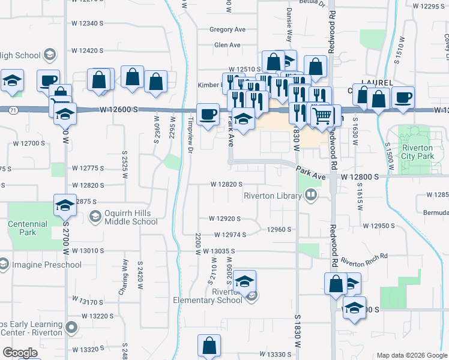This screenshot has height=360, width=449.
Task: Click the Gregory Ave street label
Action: coord(228,29)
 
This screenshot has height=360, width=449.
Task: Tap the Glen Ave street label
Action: coord(228,45)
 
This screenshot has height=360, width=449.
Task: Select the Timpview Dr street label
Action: coord(189,135)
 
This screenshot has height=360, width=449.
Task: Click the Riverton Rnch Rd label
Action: coord(364,259)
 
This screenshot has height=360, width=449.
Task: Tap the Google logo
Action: coord(20,353)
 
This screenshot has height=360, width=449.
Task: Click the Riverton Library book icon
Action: coord(311,194)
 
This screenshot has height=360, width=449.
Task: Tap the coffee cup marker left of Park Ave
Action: coord(208,114)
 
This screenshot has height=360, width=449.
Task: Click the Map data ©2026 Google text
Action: coord(411,355)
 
